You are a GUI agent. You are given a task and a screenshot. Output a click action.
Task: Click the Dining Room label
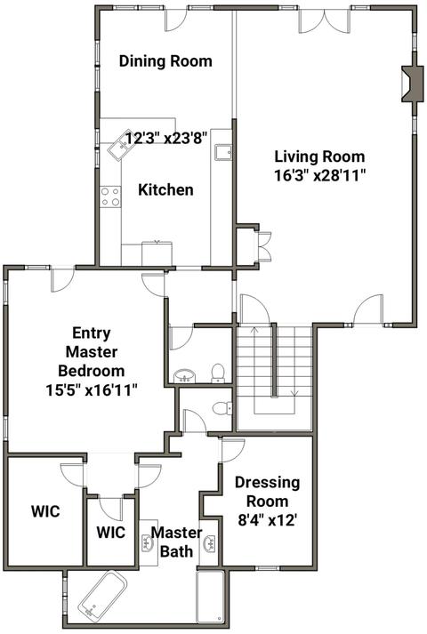click(165, 61)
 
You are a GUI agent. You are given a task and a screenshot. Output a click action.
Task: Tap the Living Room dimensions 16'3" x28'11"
click(320, 175)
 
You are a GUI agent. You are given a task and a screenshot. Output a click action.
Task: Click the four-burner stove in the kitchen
click(110, 197)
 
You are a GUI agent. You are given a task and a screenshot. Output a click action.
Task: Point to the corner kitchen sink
click(117, 146)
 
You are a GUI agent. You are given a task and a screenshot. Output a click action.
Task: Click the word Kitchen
click(165, 189)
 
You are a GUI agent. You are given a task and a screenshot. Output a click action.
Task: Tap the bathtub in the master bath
click(102, 593)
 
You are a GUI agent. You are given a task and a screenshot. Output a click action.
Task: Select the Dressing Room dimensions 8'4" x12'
click(268, 519)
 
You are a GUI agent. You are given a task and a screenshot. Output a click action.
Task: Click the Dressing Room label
click(267, 492)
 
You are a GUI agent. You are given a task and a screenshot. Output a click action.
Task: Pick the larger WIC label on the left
click(45, 511)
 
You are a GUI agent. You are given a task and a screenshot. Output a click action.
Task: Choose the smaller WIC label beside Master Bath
click(111, 532)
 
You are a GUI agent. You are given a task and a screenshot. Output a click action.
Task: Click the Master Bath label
click(177, 542)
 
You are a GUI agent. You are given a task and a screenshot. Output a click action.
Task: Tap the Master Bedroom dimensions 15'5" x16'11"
click(92, 390)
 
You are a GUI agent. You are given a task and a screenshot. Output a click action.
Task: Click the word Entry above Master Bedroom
click(92, 333)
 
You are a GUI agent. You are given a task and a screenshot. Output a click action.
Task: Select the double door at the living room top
click(324, 20)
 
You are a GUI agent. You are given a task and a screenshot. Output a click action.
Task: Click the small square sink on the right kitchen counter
click(223, 152)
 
